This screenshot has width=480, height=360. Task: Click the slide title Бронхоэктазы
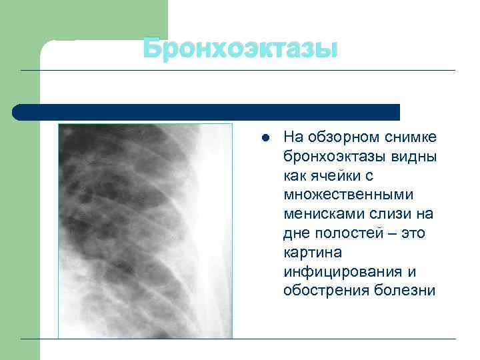click(241, 49)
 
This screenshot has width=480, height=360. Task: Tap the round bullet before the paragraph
click(264, 139)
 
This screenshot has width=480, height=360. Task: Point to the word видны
click(416, 157)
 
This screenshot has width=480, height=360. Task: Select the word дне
click(295, 233)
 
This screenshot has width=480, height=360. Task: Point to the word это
click(413, 233)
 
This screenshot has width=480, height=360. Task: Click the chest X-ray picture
click(145, 231)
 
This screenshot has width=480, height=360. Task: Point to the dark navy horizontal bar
click(207, 111)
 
